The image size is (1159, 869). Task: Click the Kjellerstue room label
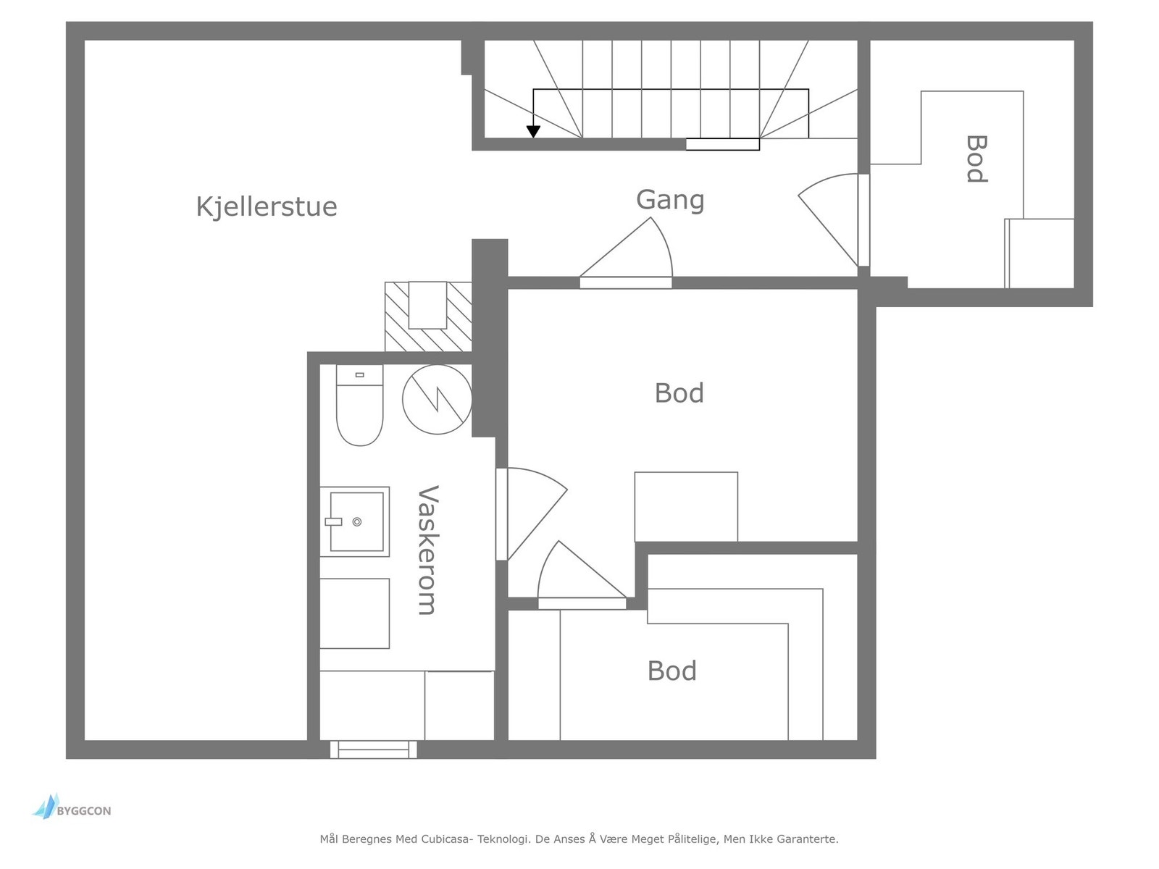pyautogui.click(x=267, y=207)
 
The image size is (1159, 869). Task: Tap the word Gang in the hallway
pyautogui.click(x=670, y=201)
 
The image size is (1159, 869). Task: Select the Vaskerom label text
pyautogui.click(x=428, y=550)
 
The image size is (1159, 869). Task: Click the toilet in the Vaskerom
pyautogui.click(x=359, y=405)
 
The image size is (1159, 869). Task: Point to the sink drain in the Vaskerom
pyautogui.click(x=357, y=522)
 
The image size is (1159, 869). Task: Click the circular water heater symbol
pyautogui.click(x=437, y=400)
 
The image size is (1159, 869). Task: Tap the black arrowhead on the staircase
pyautogui.click(x=533, y=132)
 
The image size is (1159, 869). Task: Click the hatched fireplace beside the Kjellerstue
pyautogui.click(x=428, y=316)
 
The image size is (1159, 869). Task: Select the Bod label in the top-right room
pyautogui.click(x=976, y=159)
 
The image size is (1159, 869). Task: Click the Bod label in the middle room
pyautogui.click(x=679, y=393)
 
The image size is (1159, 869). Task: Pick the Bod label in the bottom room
pyautogui.click(x=672, y=671)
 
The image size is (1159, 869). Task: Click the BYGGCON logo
pyautogui.click(x=72, y=807)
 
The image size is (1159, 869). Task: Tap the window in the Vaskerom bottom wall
pyautogui.click(x=373, y=750)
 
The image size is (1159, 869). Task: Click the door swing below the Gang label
pyautogui.click(x=627, y=253)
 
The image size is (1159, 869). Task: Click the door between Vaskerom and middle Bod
pyautogui.click(x=531, y=514)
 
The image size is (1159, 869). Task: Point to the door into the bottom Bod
pyautogui.click(x=582, y=575)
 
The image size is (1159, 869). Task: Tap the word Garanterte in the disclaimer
pyautogui.click(x=808, y=839)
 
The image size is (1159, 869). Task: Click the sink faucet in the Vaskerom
pyautogui.click(x=333, y=522)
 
